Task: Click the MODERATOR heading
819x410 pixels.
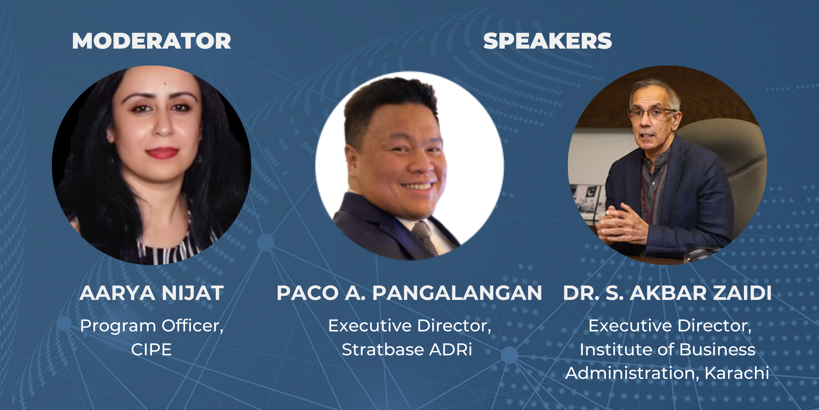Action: (152, 41)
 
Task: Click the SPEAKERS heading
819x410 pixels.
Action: (548, 41)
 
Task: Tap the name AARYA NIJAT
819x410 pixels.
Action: (152, 293)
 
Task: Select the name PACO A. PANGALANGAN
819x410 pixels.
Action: (409, 293)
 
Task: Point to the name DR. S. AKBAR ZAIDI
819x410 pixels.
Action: (667, 293)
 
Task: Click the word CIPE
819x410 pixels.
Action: (151, 350)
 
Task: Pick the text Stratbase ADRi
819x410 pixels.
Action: (407, 350)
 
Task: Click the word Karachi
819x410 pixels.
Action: (737, 373)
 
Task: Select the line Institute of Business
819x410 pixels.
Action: (667, 350)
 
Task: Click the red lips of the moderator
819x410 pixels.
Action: (162, 153)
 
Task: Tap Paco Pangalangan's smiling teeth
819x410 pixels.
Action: (417, 186)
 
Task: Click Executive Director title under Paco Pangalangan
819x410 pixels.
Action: (409, 326)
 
